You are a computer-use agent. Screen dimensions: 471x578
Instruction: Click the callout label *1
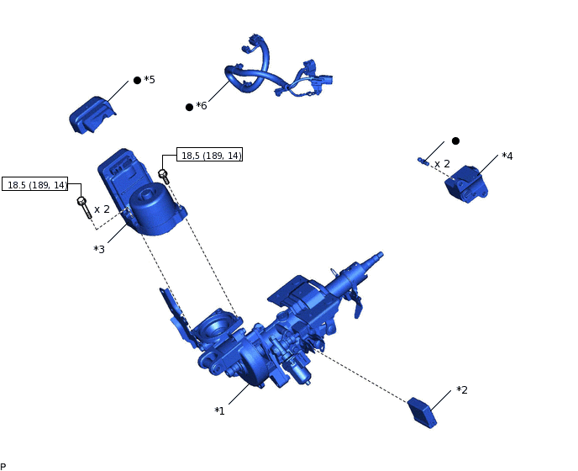click(219, 410)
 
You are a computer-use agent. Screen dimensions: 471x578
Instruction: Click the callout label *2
click(462, 390)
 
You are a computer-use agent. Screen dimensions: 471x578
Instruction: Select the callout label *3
click(99, 249)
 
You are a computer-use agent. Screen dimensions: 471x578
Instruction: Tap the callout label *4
click(507, 156)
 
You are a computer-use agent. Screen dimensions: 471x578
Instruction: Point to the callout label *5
click(150, 80)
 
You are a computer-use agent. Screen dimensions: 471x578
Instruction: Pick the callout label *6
click(201, 106)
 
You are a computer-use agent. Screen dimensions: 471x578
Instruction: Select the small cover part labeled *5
click(91, 113)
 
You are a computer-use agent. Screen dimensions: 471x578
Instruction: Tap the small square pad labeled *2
click(423, 412)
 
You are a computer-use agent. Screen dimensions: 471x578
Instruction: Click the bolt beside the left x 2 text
click(83, 206)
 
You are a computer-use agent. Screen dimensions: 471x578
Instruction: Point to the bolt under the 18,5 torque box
click(164, 176)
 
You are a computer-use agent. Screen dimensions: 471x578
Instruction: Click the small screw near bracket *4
click(423, 160)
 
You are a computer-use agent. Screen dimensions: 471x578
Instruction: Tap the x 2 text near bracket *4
click(442, 164)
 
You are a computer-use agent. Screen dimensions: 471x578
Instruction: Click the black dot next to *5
click(137, 81)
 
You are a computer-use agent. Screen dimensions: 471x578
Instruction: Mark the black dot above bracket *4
click(455, 140)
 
